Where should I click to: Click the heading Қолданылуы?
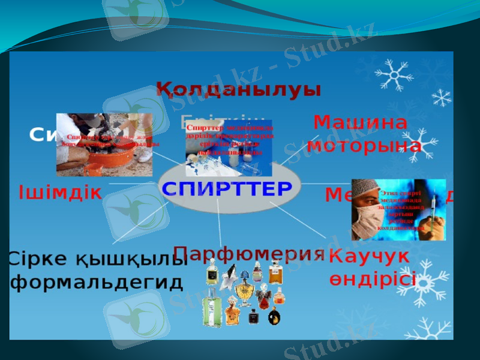tap(239, 91)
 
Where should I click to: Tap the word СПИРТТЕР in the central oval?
tap(227, 188)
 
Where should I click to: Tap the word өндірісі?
tap(372, 279)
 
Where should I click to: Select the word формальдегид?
tap(96, 283)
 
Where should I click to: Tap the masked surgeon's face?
tap(368, 207)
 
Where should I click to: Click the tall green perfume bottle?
tap(211, 307)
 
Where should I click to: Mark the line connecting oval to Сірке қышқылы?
tap(144, 222)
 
